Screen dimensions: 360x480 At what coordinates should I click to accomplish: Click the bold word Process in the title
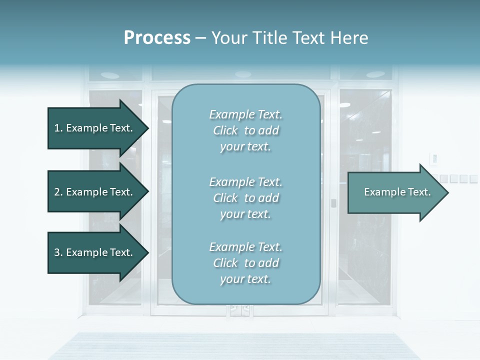pyautogui.click(x=157, y=37)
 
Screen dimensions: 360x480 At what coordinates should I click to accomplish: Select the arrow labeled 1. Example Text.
pyautogui.click(x=95, y=128)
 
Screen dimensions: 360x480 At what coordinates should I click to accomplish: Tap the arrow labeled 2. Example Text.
pyautogui.click(x=95, y=192)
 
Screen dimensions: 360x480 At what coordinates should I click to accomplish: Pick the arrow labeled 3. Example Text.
pyautogui.click(x=95, y=252)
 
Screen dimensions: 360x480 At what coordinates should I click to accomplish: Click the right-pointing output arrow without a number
pyautogui.click(x=395, y=192)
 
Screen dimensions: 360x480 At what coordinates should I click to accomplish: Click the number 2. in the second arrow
pyautogui.click(x=58, y=192)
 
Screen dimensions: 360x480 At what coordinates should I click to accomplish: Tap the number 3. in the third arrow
pyautogui.click(x=58, y=252)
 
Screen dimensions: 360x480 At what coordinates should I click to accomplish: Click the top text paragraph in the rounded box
pyautogui.click(x=245, y=130)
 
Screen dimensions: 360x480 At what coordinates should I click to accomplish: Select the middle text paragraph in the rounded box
pyautogui.click(x=245, y=198)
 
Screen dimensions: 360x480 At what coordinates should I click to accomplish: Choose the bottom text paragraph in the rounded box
pyautogui.click(x=245, y=263)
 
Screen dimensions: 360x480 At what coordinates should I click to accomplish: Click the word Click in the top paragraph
pyautogui.click(x=225, y=130)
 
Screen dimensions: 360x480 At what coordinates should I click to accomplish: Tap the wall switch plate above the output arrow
pyautogui.click(x=434, y=159)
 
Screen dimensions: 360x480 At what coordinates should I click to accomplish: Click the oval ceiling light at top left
pyautogui.click(x=110, y=75)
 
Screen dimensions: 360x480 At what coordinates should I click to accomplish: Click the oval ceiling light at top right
pyautogui.click(x=375, y=74)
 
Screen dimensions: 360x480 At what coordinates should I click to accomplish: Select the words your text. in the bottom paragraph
pyautogui.click(x=245, y=279)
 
